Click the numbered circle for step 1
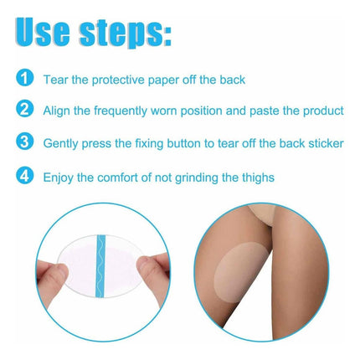coord(24,78)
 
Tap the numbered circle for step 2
coord(24,109)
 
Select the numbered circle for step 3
coord(24,141)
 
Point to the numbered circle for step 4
coord(24,176)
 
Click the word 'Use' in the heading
coord(42,32)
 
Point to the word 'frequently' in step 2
coord(121,111)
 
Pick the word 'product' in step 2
coord(323,111)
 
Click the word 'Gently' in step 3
coord(60,144)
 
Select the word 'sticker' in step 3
coord(326,143)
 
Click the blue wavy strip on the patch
coord(100,266)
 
